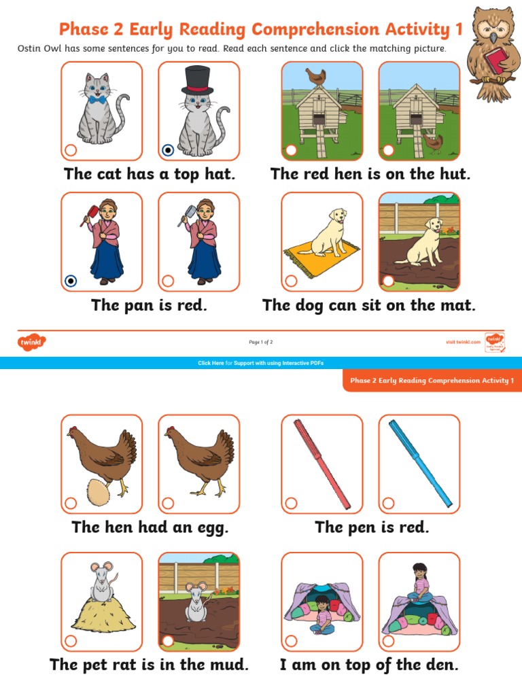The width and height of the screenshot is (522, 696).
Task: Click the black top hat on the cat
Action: tap(198, 79)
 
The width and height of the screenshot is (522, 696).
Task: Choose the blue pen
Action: tap(420, 462)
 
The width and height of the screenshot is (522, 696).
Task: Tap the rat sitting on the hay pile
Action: tap(101, 582)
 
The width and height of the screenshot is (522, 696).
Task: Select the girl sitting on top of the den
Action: tap(419, 582)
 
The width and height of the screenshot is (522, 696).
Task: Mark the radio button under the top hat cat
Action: tap(168, 150)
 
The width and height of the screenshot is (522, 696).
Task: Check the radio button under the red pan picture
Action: tap(70, 281)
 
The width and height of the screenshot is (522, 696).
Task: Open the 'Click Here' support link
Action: tap(211, 363)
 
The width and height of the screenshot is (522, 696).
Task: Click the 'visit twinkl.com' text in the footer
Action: tap(463, 342)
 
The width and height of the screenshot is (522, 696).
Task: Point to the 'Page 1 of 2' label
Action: tap(261, 342)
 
